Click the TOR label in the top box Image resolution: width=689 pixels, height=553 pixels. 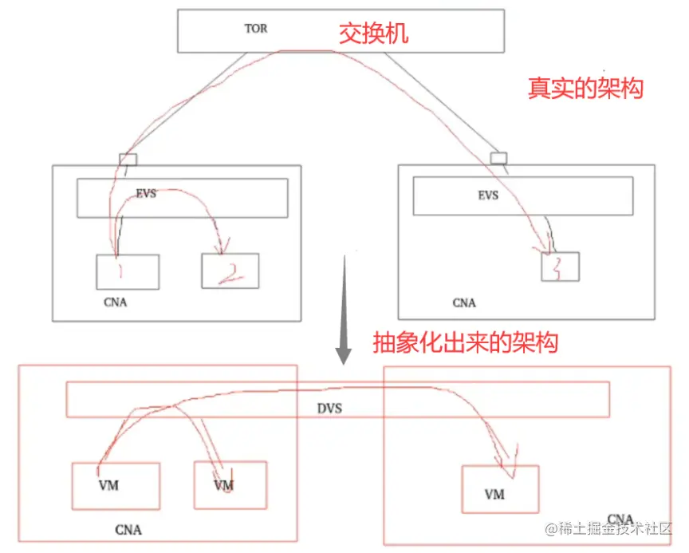[x=256, y=29]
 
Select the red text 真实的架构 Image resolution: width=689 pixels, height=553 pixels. [x=585, y=88]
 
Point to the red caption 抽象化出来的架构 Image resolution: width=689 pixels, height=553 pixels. [x=466, y=343]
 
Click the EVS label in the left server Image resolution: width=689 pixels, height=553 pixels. [x=146, y=194]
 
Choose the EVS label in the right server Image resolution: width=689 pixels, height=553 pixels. [x=487, y=194]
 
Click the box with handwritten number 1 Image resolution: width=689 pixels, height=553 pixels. [x=127, y=272]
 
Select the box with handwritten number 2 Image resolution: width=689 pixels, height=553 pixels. [x=230, y=271]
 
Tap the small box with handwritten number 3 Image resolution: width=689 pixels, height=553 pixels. [x=560, y=266]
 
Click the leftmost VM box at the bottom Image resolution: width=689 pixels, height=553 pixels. [x=115, y=485]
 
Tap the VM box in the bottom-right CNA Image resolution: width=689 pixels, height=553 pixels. [x=500, y=489]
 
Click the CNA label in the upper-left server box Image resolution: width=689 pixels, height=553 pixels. [x=115, y=302]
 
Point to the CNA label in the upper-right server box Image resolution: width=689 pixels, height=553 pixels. [x=463, y=302]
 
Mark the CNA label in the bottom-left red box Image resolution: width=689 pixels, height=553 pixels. [x=128, y=529]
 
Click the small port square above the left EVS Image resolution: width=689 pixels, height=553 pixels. [x=128, y=159]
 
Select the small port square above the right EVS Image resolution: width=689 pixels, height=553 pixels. [x=498, y=158]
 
